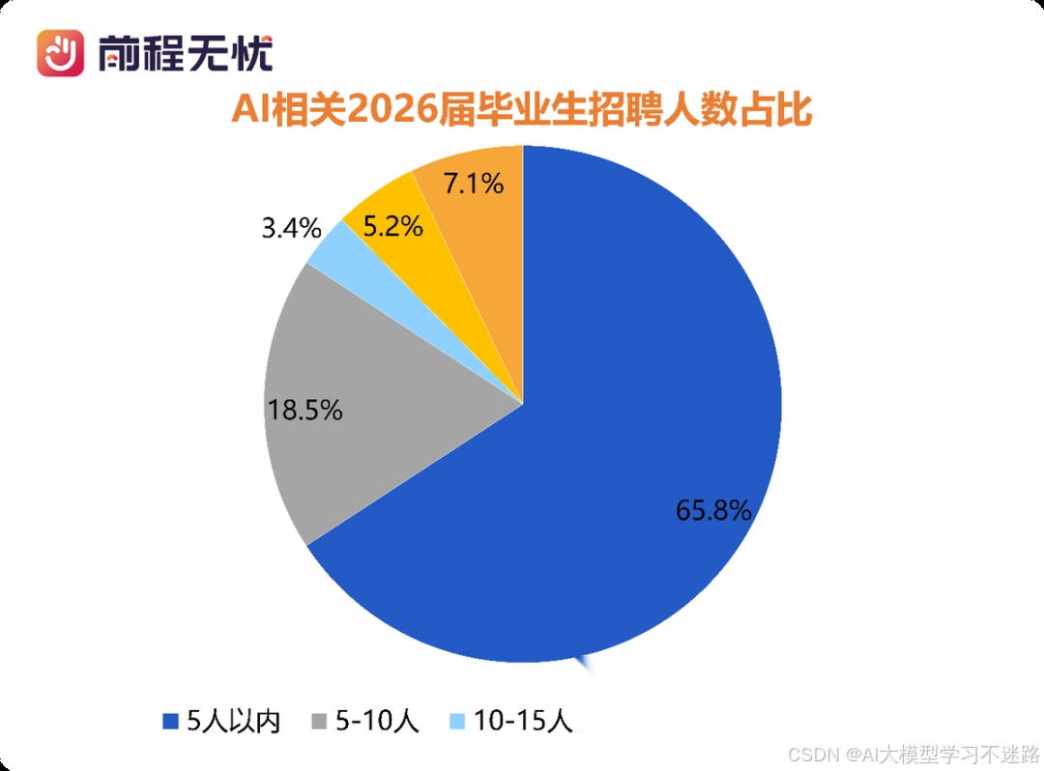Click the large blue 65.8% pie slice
tap(619, 406)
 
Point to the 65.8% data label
tap(713, 510)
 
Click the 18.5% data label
tap(305, 410)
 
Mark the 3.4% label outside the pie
tap(290, 229)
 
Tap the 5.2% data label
tap(391, 227)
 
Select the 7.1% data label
tap(472, 183)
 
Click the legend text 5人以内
tap(233, 721)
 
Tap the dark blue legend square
tap(172, 721)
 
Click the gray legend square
tap(318, 721)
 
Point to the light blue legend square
tap(458, 721)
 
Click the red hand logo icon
tap(61, 52)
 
